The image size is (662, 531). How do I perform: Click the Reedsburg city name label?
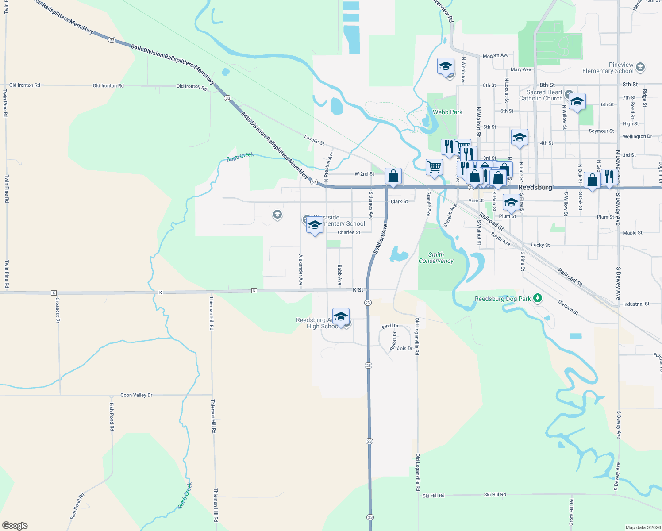(535, 187)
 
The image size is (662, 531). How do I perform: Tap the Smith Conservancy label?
(436, 258)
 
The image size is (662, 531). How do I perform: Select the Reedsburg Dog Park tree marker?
(538, 298)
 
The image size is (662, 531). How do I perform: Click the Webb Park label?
(447, 112)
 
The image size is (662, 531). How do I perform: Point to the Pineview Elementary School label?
(608, 68)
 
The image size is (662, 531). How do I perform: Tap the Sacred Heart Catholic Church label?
(544, 95)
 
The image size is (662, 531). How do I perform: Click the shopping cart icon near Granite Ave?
(435, 167)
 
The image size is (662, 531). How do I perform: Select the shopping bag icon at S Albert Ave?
(393, 177)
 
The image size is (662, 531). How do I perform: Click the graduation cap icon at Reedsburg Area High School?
(341, 317)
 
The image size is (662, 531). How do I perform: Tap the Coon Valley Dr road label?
(136, 395)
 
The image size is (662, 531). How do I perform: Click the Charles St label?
(349, 232)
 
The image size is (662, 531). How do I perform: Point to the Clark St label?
(399, 201)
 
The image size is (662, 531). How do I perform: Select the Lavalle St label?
(314, 140)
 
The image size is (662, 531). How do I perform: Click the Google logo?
(15, 526)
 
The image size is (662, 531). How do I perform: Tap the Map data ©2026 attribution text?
(642, 527)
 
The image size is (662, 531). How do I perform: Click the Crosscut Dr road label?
(58, 310)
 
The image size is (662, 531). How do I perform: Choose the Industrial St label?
(636, 304)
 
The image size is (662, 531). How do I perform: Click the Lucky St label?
(540, 245)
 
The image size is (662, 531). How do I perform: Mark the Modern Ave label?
(496, 55)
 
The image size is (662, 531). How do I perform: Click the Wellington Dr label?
(637, 136)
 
